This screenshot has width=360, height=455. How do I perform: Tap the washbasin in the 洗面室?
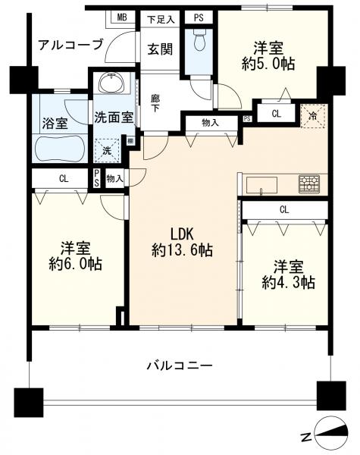click(111, 82)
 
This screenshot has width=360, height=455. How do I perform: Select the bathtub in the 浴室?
click(59, 148)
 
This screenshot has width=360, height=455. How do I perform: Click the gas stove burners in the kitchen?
click(309, 184)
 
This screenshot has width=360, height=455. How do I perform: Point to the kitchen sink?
click(261, 185)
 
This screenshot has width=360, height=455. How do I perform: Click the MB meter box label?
click(122, 17)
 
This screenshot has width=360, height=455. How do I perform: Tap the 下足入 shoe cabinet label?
click(161, 20)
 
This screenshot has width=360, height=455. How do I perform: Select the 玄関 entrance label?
click(160, 49)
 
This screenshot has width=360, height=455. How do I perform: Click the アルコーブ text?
click(70, 45)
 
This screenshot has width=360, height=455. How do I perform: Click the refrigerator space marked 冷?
click(313, 115)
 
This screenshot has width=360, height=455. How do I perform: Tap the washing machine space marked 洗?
click(107, 151)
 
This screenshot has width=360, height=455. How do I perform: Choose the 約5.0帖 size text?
click(268, 64)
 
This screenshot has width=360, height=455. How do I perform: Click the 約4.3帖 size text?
click(288, 282)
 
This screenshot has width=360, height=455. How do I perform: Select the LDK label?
click(182, 234)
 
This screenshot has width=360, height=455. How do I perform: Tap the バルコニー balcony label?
click(180, 366)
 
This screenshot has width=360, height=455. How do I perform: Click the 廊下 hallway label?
click(155, 104)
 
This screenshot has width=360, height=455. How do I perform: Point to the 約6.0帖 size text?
click(75, 264)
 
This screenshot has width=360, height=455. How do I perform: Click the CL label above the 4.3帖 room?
click(284, 209)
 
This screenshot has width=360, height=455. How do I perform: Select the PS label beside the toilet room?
click(199, 18)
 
